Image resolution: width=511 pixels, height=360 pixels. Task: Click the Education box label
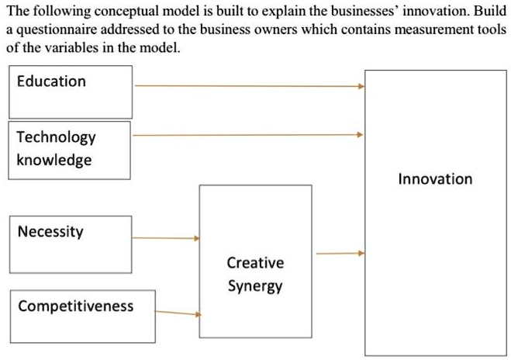[51, 81]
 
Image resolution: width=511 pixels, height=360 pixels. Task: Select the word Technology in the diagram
[56, 137]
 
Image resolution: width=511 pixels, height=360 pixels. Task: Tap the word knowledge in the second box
[54, 161]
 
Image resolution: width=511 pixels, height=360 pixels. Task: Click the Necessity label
[50, 232]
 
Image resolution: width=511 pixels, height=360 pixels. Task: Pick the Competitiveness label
[76, 306]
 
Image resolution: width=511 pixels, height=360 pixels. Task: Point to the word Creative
[255, 263]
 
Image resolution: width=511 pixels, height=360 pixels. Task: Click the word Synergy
[255, 286]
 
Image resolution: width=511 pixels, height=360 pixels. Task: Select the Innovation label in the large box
[435, 179]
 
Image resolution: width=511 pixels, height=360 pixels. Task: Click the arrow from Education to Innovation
[250, 86]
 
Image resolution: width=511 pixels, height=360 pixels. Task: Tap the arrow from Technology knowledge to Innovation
[248, 135]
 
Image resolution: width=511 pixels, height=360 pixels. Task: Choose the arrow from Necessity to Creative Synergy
[166, 238]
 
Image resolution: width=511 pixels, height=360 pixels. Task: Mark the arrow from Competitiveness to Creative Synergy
[178, 313]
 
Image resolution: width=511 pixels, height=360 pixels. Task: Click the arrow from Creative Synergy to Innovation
[340, 253]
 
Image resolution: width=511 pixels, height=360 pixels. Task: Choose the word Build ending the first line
[490, 11]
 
